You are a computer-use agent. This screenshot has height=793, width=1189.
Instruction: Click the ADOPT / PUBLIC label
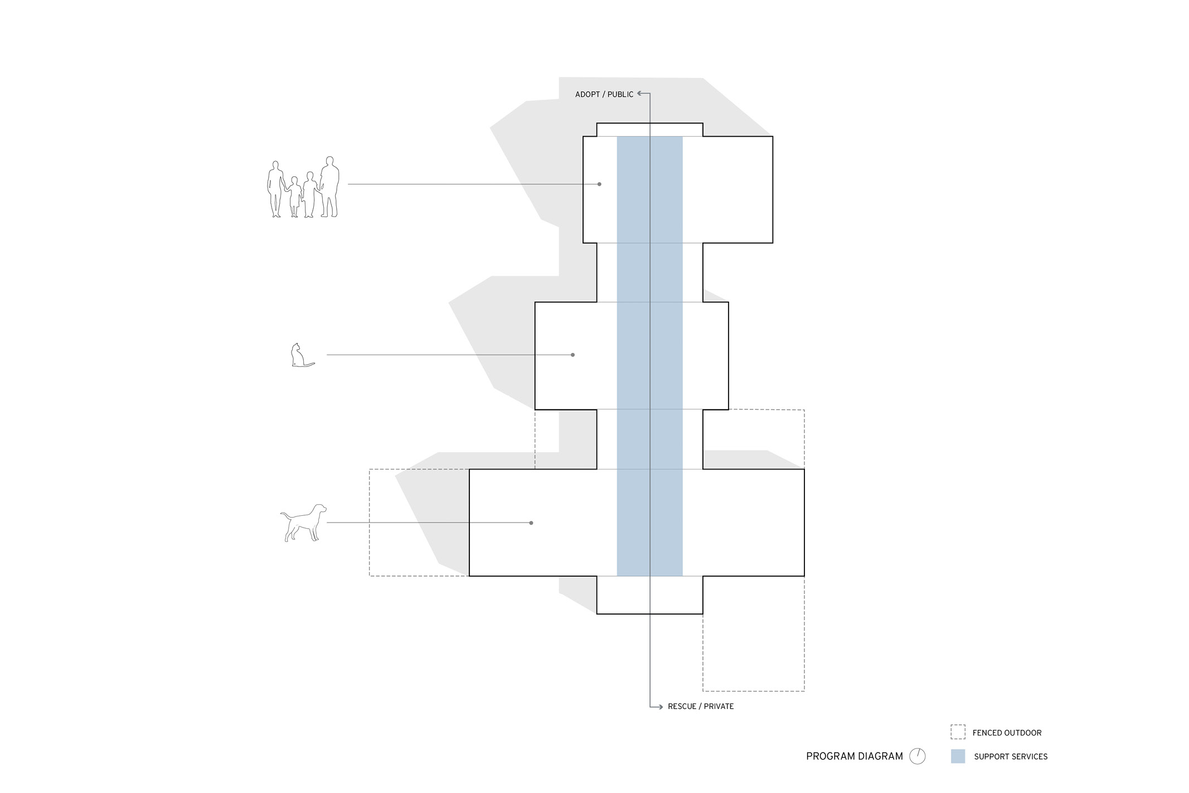coord(604,94)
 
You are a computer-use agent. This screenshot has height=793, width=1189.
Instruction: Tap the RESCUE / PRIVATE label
coord(701,706)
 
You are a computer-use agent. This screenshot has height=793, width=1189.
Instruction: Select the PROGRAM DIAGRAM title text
coord(854,756)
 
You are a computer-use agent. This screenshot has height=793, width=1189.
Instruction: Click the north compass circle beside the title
coord(918,756)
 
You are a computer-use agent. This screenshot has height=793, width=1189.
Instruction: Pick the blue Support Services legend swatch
coord(958,756)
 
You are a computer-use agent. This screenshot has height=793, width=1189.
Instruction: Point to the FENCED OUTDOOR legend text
coord(1007,733)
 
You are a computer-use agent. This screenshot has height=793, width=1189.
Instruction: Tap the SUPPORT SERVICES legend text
coord(1011,757)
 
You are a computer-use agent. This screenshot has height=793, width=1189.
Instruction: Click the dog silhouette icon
coord(303,523)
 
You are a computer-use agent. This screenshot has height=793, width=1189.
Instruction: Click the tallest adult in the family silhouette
coord(329,187)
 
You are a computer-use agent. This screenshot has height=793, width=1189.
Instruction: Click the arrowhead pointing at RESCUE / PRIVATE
coord(660,707)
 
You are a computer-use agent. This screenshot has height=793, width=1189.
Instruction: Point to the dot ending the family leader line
coord(599,184)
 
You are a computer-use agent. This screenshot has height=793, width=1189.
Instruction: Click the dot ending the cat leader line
coord(572,355)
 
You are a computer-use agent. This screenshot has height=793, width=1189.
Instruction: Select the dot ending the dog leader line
coord(531,523)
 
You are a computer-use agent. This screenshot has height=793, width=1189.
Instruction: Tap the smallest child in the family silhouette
coord(294,196)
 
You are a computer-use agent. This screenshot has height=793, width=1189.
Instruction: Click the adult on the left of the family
coord(275,189)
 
